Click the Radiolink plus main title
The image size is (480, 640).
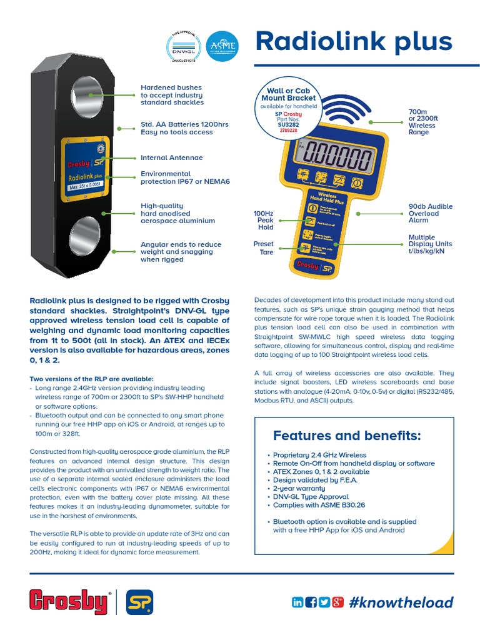click(354, 42)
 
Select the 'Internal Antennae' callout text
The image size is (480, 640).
click(172, 158)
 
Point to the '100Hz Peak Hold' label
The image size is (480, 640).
click(261, 220)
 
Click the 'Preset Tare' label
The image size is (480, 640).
click(263, 248)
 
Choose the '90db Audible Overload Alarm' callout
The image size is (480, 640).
click(431, 213)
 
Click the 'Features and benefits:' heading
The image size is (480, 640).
click(347, 435)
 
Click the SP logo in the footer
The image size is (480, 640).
click(141, 602)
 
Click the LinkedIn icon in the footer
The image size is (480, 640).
click(297, 602)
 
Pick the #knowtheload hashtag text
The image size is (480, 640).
click(401, 602)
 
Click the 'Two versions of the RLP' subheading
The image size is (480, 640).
click(91, 379)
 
